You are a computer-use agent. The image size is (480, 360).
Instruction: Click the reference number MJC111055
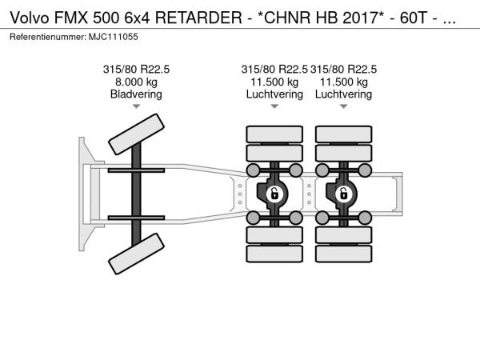[x=114, y=37]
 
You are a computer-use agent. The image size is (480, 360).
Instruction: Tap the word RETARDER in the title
[x=198, y=18]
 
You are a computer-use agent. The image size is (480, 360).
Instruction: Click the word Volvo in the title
[x=30, y=18]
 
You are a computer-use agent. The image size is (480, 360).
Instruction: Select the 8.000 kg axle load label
[x=136, y=82]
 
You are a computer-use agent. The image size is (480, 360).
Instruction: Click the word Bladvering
[x=136, y=94]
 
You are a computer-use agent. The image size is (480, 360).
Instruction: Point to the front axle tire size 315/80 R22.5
[x=136, y=70]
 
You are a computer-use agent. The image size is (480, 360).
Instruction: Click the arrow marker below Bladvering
[x=136, y=106]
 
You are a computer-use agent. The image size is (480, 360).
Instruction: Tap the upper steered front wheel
[x=136, y=134]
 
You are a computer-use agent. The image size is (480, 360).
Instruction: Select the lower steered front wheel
[x=136, y=254]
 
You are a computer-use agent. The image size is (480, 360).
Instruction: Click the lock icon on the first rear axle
[x=274, y=194]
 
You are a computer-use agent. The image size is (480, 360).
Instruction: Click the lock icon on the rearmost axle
[x=343, y=194]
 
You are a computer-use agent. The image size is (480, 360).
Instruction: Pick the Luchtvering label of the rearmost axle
[x=343, y=94]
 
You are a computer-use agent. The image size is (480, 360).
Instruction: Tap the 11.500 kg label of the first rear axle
[x=274, y=82]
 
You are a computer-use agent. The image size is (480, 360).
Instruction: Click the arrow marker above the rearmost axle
[x=343, y=106]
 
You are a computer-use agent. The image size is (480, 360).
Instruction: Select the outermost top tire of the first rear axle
[x=274, y=134]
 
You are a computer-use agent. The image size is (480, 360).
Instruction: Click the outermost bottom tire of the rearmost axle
[x=343, y=254]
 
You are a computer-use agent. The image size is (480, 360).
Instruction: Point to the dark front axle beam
[x=136, y=194]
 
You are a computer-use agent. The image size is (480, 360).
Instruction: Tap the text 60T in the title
[x=414, y=18]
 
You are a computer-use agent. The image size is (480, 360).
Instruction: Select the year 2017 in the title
[x=360, y=18]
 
